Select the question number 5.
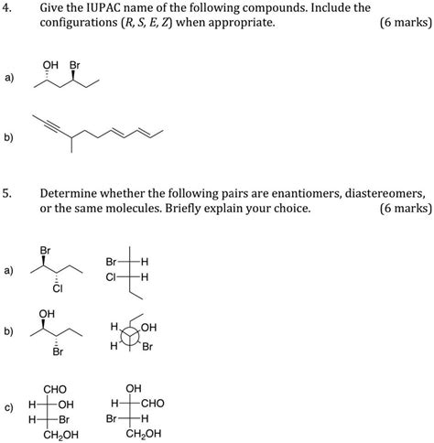click(8, 194)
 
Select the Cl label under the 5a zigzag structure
click(57, 290)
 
